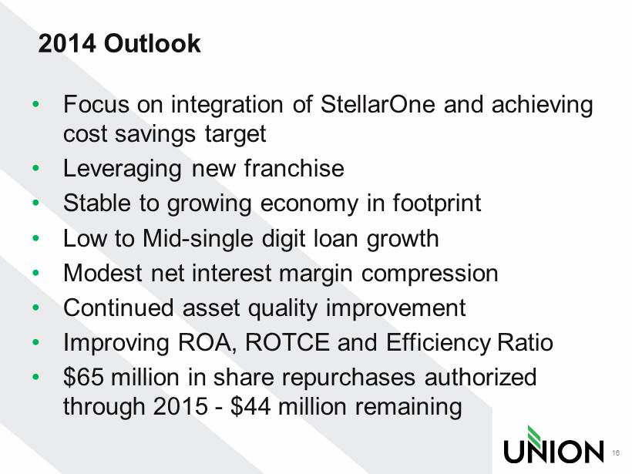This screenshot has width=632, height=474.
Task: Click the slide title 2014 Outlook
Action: point(119,43)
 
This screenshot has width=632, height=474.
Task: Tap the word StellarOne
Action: point(378,104)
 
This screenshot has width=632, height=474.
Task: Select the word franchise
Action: point(294,168)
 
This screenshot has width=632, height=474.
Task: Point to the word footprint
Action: point(436,203)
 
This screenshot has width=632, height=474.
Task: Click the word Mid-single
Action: point(197,239)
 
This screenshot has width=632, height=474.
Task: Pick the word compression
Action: point(429,274)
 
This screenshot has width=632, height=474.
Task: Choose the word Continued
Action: point(119,308)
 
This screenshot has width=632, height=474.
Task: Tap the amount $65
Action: point(83,377)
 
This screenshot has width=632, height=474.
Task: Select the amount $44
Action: point(250,406)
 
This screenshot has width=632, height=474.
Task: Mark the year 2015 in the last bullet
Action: point(180,406)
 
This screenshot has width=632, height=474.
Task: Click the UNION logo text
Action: point(553,451)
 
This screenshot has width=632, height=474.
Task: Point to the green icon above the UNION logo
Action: point(535,435)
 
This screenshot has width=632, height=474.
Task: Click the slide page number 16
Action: point(616,453)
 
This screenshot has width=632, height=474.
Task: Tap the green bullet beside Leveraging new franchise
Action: point(36,168)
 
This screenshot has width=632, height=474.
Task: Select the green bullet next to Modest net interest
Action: point(36,274)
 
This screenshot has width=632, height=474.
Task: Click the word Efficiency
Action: point(438,344)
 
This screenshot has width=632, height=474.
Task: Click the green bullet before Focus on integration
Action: point(36,104)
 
